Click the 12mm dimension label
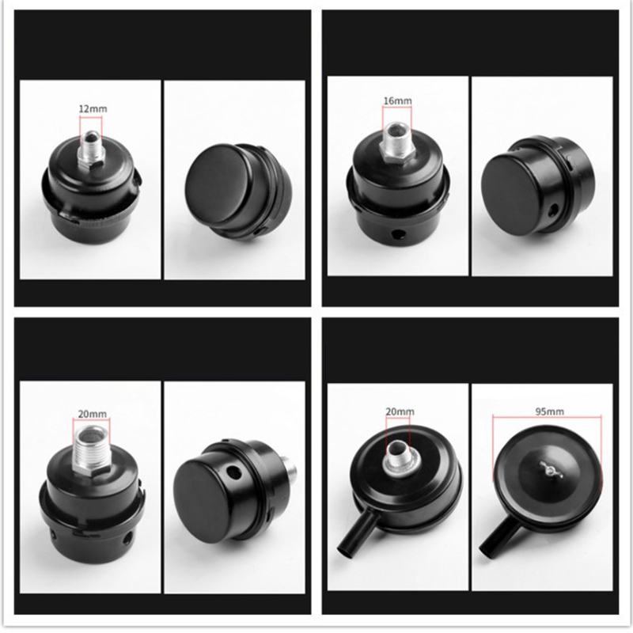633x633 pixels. point(93,108)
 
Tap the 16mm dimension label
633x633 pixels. point(397,100)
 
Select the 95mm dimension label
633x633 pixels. point(549,411)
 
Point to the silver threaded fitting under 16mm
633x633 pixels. point(396,142)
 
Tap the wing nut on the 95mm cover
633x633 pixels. point(551,469)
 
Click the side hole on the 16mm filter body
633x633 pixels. point(400,234)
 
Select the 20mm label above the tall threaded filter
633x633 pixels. point(93,413)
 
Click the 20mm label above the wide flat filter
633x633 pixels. point(400,411)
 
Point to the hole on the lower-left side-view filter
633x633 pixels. point(232,471)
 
